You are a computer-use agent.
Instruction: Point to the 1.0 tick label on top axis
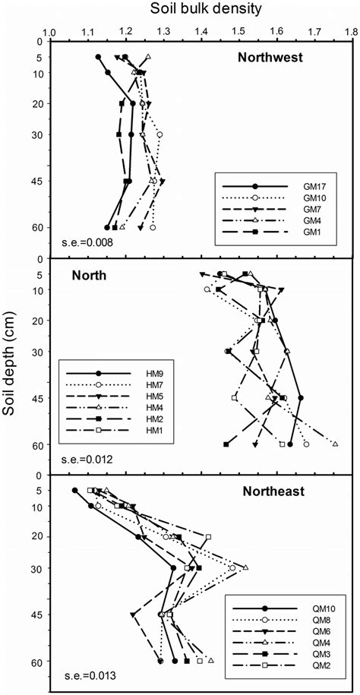click(x=50, y=33)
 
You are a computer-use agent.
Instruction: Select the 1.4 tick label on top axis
click(x=201, y=33)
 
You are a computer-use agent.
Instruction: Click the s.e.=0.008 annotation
click(x=89, y=244)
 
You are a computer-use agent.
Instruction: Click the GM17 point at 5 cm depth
click(x=98, y=57)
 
